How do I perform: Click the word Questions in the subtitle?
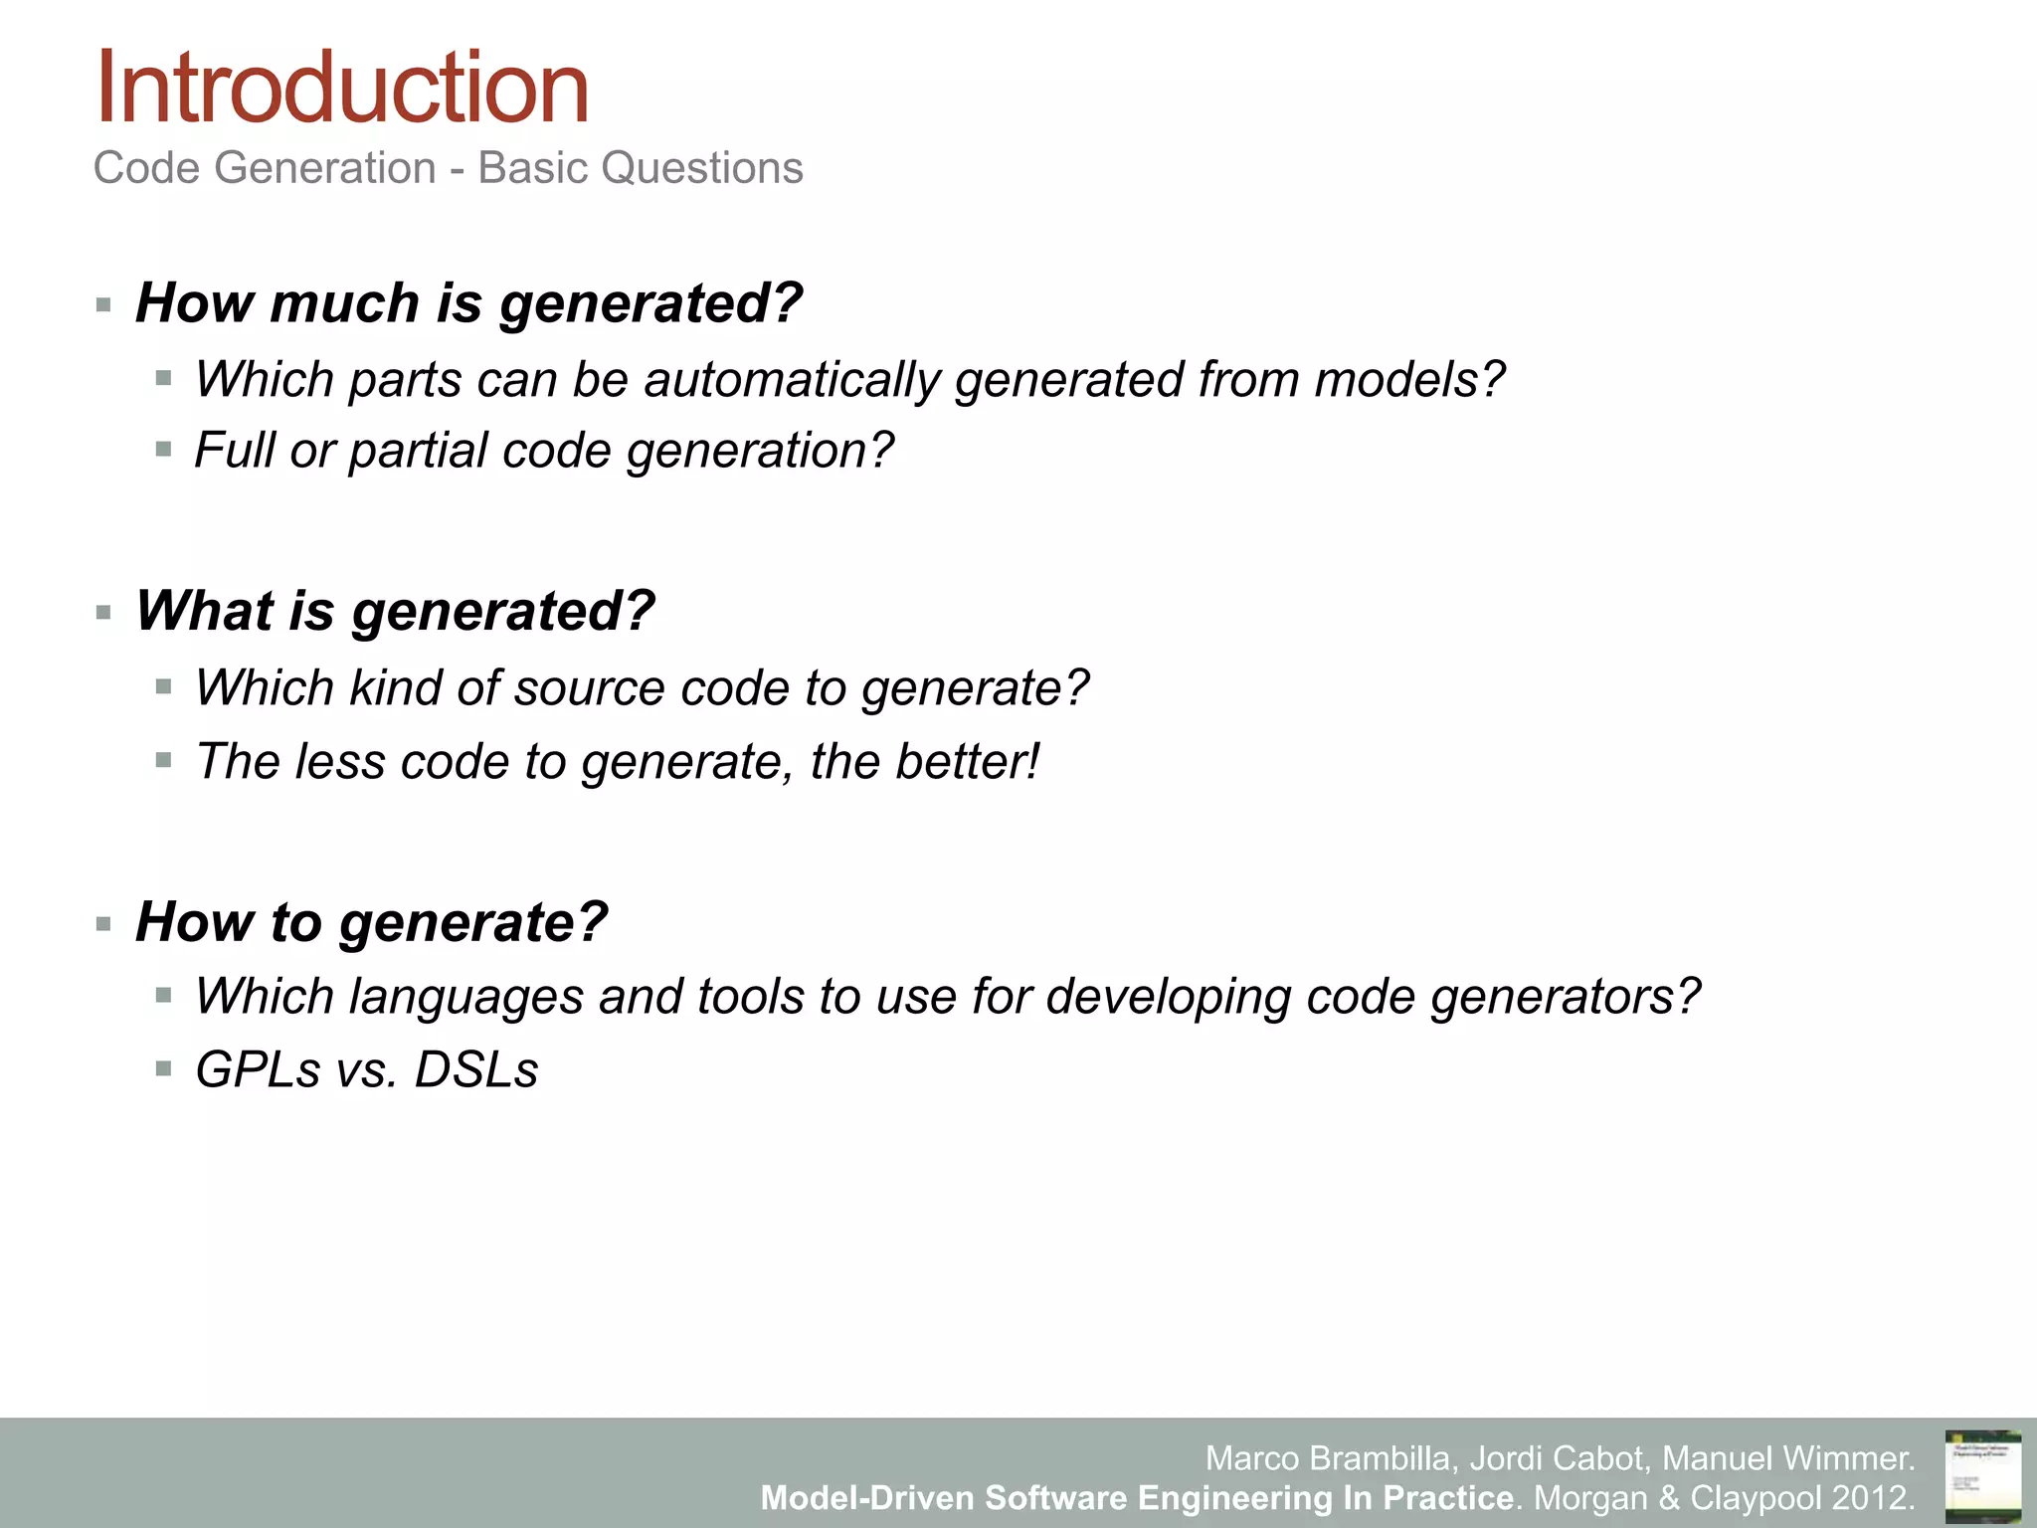(x=702, y=167)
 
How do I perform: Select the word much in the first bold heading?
(x=344, y=302)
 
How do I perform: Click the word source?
(x=580, y=688)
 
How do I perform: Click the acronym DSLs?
(x=475, y=1070)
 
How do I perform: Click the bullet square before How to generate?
(x=103, y=924)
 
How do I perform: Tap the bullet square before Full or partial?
(x=164, y=450)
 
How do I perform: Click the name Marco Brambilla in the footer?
(x=1330, y=1458)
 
